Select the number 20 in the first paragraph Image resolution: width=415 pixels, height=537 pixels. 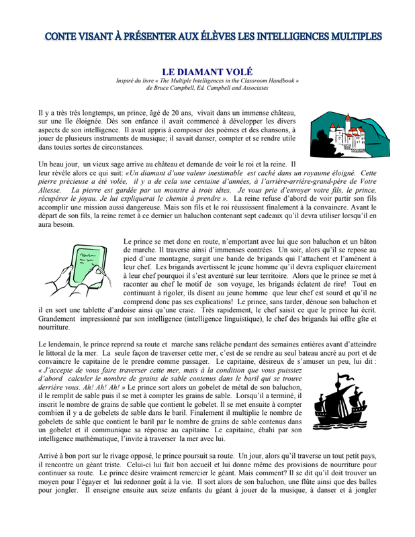(185, 113)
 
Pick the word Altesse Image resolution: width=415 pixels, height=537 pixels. (51, 190)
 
